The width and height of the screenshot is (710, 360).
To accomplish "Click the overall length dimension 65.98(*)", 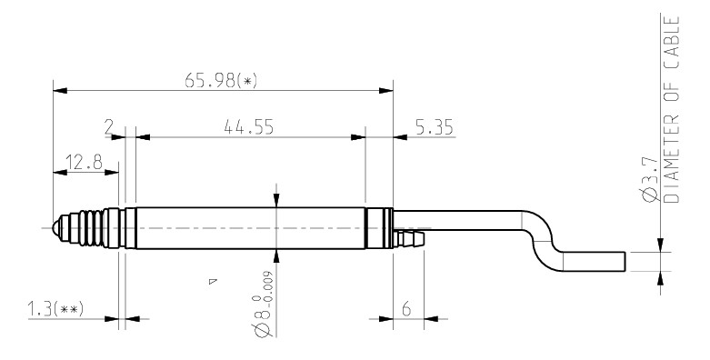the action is pos(221,81).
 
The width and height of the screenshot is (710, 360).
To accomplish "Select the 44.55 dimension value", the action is pos(248,127).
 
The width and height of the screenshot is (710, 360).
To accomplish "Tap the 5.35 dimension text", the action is pos(435,127).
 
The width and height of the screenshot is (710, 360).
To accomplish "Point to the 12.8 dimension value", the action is pos(85,162).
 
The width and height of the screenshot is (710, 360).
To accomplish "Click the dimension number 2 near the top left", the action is pos(108,127).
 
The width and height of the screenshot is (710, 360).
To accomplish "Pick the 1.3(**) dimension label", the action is pos(55,309).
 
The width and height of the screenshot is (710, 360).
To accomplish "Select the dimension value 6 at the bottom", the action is pos(406,309).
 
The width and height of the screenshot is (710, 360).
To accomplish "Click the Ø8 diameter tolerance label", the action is pos(264,305).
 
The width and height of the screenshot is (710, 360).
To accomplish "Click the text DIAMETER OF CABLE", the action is pos(672,110).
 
